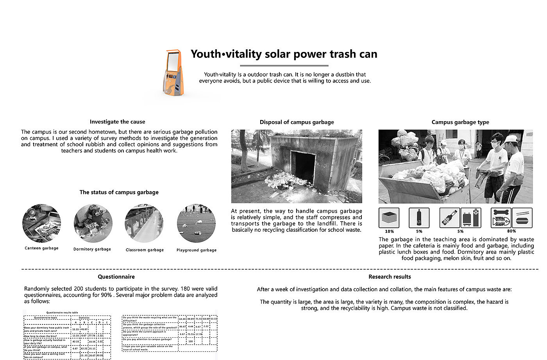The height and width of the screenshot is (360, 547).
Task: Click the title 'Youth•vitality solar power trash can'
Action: (284, 54)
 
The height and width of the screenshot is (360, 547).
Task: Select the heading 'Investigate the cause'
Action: (117, 122)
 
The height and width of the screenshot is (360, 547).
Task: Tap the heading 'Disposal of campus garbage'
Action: (297, 122)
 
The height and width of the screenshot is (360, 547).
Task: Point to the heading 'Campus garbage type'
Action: (460, 122)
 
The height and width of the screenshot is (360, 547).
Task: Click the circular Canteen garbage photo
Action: (41, 223)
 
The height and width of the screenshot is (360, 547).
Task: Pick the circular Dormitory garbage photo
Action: (93, 224)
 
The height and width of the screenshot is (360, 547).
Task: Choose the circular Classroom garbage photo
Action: (144, 224)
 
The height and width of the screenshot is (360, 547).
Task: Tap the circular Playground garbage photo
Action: (196, 224)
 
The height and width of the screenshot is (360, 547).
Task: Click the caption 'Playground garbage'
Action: (196, 250)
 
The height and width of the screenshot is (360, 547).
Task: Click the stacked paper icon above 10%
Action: (389, 218)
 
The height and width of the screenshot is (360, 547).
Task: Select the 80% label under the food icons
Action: (511, 231)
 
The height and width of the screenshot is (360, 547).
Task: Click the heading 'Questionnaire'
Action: (116, 277)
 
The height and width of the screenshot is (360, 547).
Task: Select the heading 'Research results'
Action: (390, 277)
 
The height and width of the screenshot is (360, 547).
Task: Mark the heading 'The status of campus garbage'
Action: (119, 192)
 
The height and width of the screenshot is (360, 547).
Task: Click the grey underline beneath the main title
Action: (284, 66)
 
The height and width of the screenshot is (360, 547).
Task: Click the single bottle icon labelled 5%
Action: (419, 218)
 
